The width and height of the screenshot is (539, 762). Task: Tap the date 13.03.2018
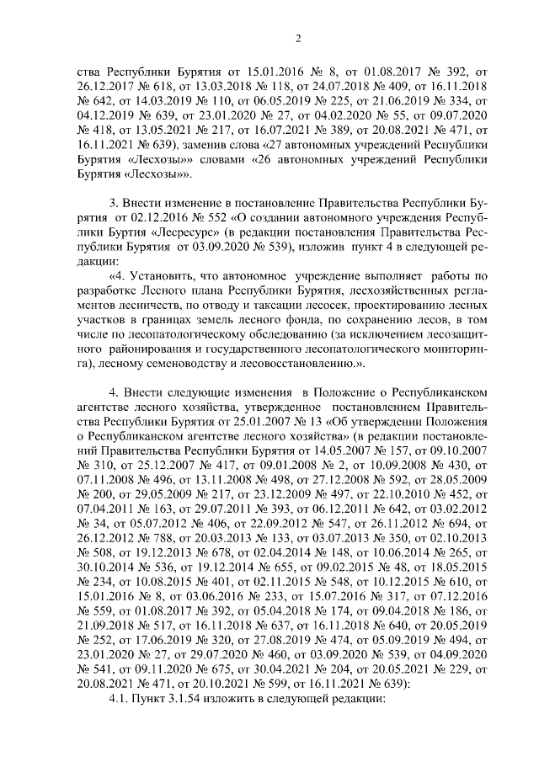[x=222, y=86]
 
